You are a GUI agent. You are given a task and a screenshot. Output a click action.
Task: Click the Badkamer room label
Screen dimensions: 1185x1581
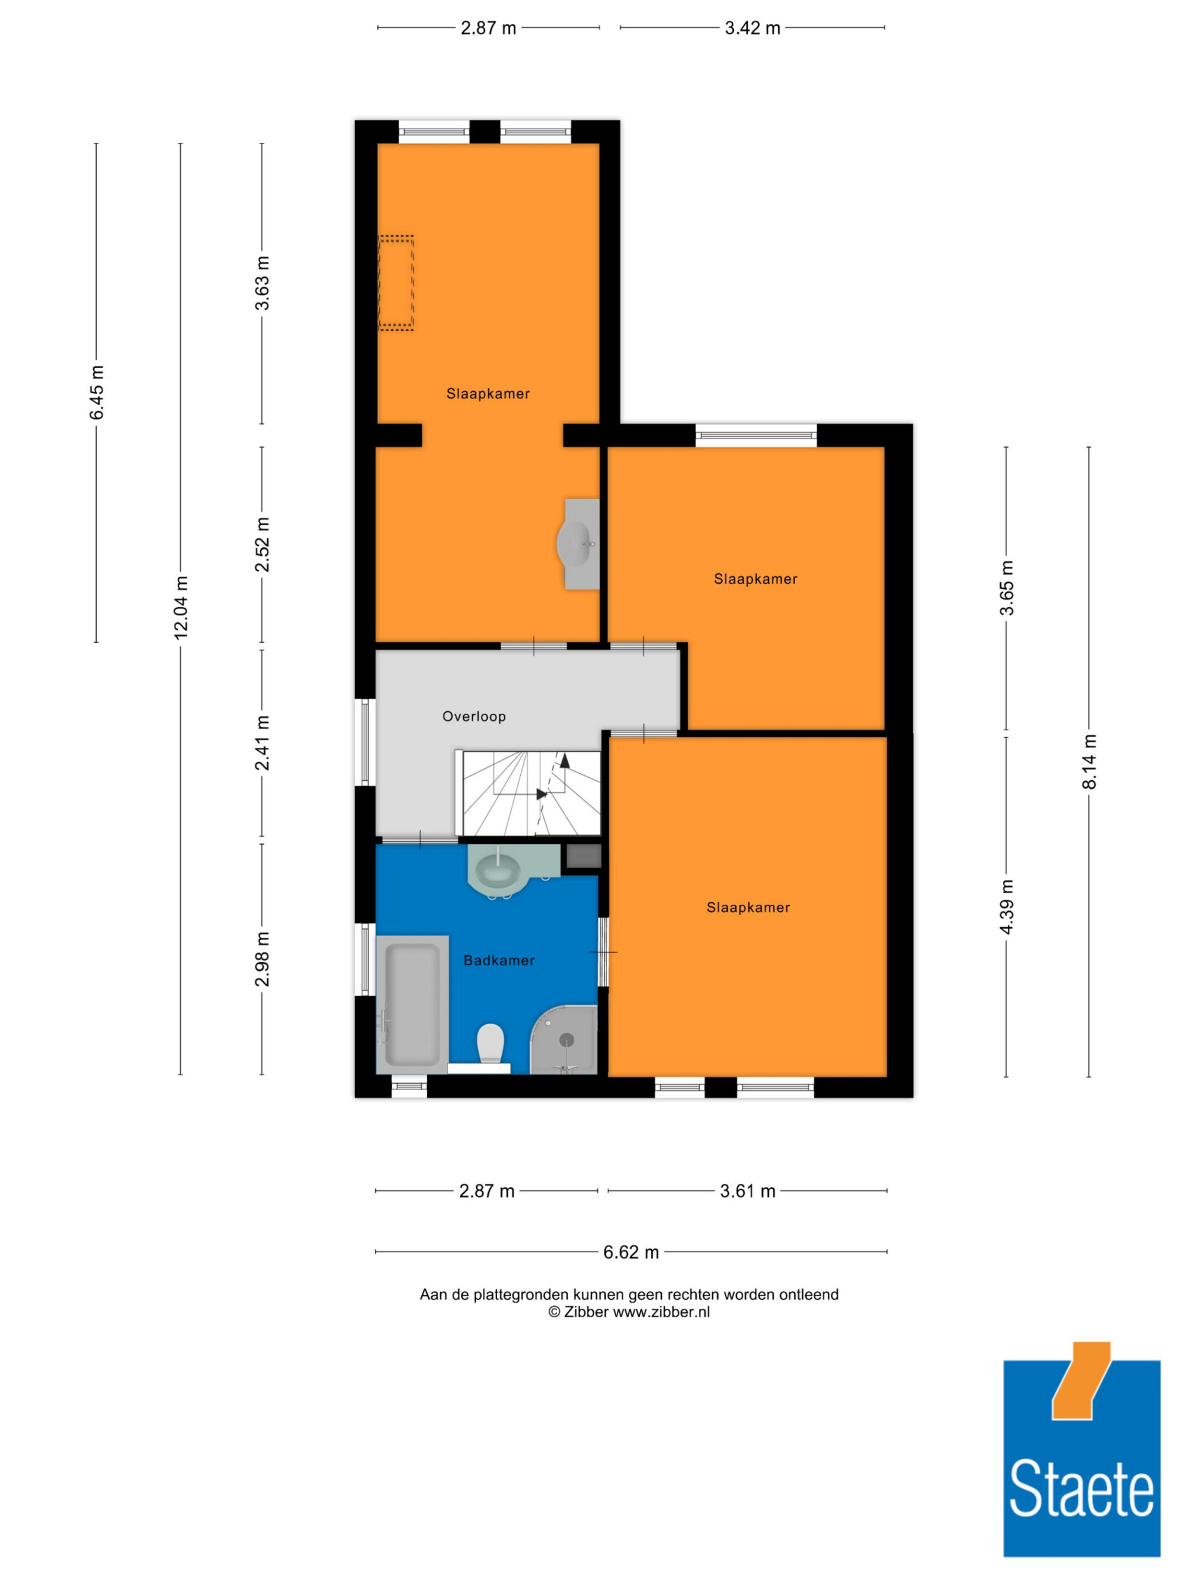[x=498, y=960]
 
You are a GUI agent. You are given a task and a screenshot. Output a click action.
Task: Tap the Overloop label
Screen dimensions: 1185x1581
[x=473, y=716]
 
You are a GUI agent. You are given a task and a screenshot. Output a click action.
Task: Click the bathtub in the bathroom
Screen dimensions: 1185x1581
[x=412, y=1004]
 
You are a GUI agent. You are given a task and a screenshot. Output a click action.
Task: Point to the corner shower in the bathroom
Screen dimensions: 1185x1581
[x=564, y=1040]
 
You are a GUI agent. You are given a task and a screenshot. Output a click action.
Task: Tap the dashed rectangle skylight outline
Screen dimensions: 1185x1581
[x=396, y=283]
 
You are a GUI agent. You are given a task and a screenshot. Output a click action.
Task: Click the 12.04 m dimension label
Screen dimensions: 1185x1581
[x=181, y=608]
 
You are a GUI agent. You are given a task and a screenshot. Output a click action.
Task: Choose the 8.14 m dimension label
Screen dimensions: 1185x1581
[x=1088, y=761]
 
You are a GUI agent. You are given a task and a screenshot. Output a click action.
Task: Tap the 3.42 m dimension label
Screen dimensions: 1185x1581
[x=752, y=28]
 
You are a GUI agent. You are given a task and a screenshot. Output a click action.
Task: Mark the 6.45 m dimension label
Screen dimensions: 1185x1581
[x=97, y=392]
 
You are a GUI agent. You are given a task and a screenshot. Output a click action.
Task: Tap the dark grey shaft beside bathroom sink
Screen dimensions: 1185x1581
[x=584, y=856]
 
